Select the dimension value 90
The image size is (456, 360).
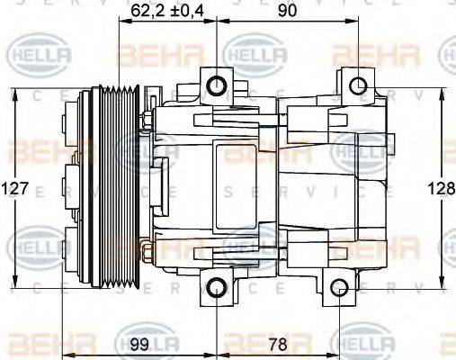pos(287,11)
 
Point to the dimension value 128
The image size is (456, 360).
pos(441,190)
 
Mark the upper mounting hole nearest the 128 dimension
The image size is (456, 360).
pos(357,85)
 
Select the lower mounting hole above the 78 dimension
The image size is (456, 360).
pos(339,288)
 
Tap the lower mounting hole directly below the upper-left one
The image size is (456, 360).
pos(216,288)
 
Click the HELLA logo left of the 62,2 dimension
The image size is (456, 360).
pos(36,56)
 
